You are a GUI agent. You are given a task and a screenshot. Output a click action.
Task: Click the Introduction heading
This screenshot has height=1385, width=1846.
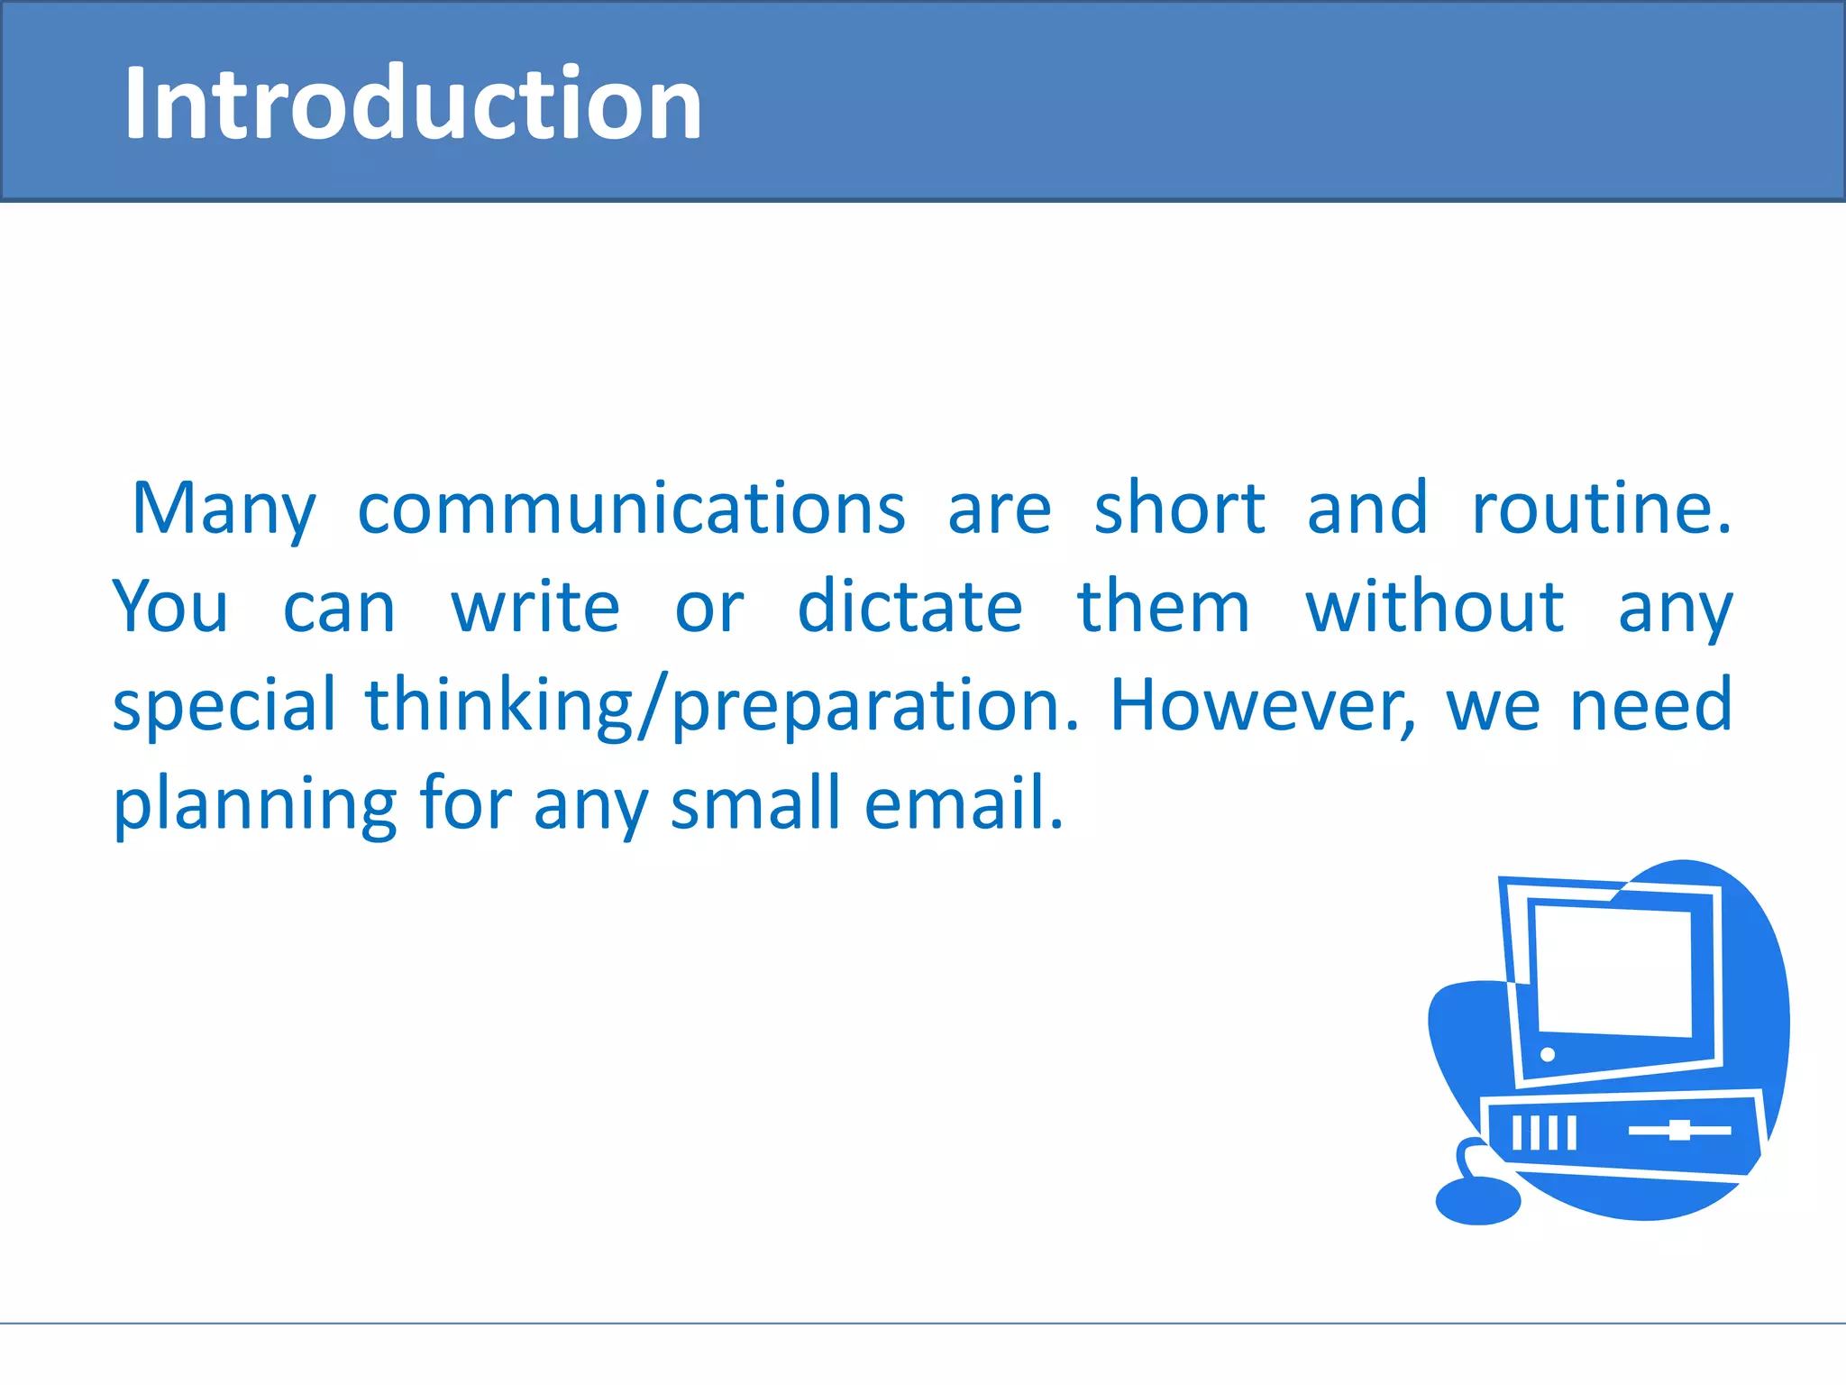[x=413, y=103]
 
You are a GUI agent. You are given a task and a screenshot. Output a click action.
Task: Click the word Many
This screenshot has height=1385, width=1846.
[x=224, y=510]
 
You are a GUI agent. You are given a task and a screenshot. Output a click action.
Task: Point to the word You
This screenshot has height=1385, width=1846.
[x=170, y=607]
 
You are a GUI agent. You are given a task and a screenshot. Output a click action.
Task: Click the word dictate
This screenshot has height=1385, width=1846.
[x=909, y=607]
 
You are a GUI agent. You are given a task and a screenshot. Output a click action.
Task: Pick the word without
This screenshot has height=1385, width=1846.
[x=1434, y=607]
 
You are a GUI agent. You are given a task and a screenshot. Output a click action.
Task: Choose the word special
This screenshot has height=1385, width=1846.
[x=224, y=706]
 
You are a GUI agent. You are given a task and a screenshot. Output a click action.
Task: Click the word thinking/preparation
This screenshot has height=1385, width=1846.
[x=721, y=706]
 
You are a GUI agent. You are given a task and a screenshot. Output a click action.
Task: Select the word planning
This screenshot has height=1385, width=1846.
[x=254, y=804]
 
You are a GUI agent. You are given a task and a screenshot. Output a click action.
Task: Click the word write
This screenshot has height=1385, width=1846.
[x=535, y=607]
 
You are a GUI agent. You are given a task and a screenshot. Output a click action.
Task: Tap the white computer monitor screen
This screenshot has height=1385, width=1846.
[x=1613, y=970]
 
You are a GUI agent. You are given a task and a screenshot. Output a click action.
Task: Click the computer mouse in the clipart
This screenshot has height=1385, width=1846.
[x=1477, y=1200]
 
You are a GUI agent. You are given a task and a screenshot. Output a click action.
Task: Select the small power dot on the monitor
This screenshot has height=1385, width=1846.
[x=1548, y=1054]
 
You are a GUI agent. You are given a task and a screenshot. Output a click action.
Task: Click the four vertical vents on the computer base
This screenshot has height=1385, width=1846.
[x=1544, y=1133]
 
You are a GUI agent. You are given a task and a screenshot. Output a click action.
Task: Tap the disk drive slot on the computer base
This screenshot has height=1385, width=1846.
[x=1679, y=1130]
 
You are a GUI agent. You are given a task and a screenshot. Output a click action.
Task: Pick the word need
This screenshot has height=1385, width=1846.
[x=1650, y=706]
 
